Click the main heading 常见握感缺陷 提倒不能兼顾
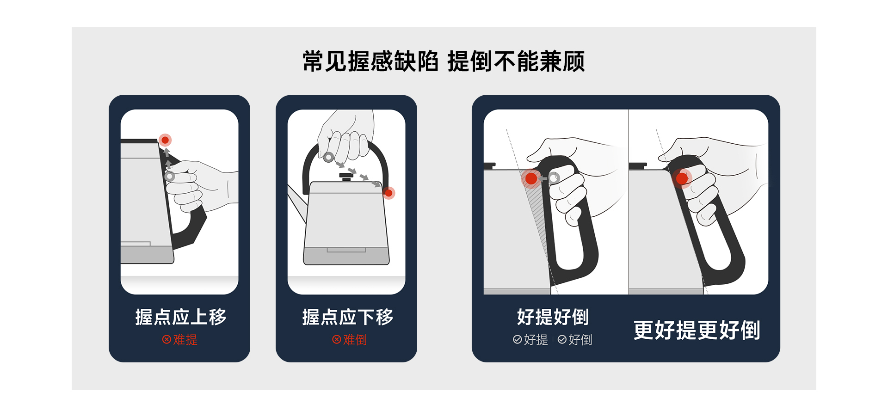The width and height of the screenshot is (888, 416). pos(444,61)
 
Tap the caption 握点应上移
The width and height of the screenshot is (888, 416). pos(180,317)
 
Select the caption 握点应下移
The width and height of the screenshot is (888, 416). pos(347,317)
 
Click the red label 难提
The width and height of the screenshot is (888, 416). pos(185,340)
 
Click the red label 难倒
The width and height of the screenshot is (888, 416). pos(355,340)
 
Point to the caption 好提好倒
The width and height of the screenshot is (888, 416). pos(553,317)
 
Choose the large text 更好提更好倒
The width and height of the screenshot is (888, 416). pos(697,330)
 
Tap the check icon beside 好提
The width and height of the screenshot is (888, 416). pos(518,340)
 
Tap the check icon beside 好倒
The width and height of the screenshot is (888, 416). pos(562,340)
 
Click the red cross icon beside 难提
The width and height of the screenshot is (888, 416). pos(166,340)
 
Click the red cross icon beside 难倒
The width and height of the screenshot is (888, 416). pos(337,340)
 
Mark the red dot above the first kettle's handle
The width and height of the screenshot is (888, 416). pos(165,140)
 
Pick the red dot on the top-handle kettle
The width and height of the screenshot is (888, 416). pos(388,193)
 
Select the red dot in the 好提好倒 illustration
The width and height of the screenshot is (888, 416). pos(531,178)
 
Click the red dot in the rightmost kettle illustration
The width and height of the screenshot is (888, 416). pos(682,178)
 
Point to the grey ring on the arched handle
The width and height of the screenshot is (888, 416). pos(328,157)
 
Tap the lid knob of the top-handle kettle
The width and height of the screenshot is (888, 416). pos(346,176)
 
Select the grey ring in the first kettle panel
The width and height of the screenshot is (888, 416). pos(170,176)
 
